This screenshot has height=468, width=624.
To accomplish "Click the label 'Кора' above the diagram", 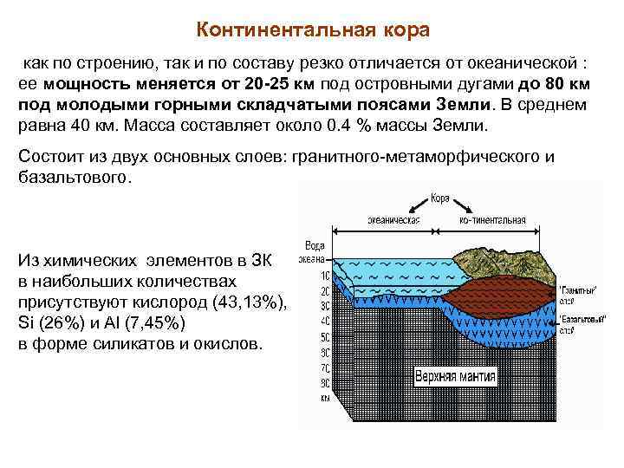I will pyautogui.click(x=440, y=198).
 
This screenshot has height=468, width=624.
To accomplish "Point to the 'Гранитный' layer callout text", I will pyautogui.click(x=575, y=289).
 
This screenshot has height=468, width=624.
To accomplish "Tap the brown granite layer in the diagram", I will pyautogui.click(x=503, y=289).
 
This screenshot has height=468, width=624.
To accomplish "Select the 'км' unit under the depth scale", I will pyautogui.click(x=324, y=400).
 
